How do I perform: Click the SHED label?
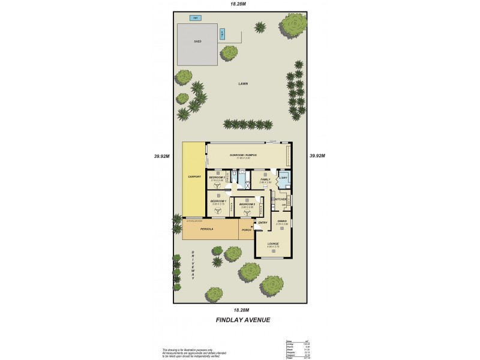(197, 42)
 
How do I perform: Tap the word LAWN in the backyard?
(242, 83)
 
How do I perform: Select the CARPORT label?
(194, 177)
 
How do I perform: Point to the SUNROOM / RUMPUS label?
(243, 155)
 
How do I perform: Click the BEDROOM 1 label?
(218, 201)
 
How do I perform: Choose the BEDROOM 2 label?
(247, 205)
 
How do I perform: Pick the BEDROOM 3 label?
(217, 178)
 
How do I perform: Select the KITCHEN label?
(280, 199)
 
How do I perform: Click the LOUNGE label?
(273, 244)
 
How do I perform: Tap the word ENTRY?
(263, 223)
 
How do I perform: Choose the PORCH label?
(246, 229)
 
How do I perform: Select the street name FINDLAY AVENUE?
(243, 320)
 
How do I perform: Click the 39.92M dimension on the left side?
(162, 156)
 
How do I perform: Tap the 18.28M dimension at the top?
(239, 4)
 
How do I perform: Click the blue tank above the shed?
(196, 18)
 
